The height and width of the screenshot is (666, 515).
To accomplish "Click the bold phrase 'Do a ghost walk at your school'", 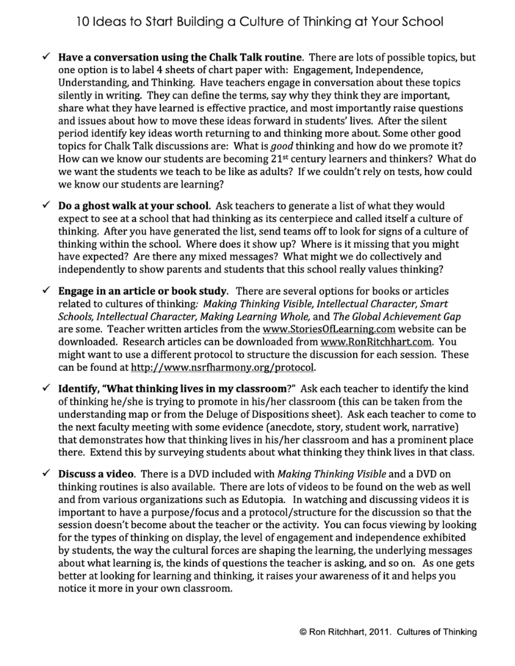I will click(134, 206).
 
